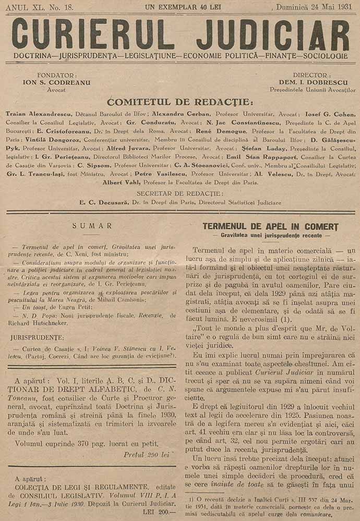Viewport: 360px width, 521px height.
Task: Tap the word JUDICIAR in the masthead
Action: click(x=269, y=34)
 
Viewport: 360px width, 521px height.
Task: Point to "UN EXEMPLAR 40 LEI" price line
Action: click(x=179, y=7)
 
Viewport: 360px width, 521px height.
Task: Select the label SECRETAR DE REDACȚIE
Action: click(x=180, y=194)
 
